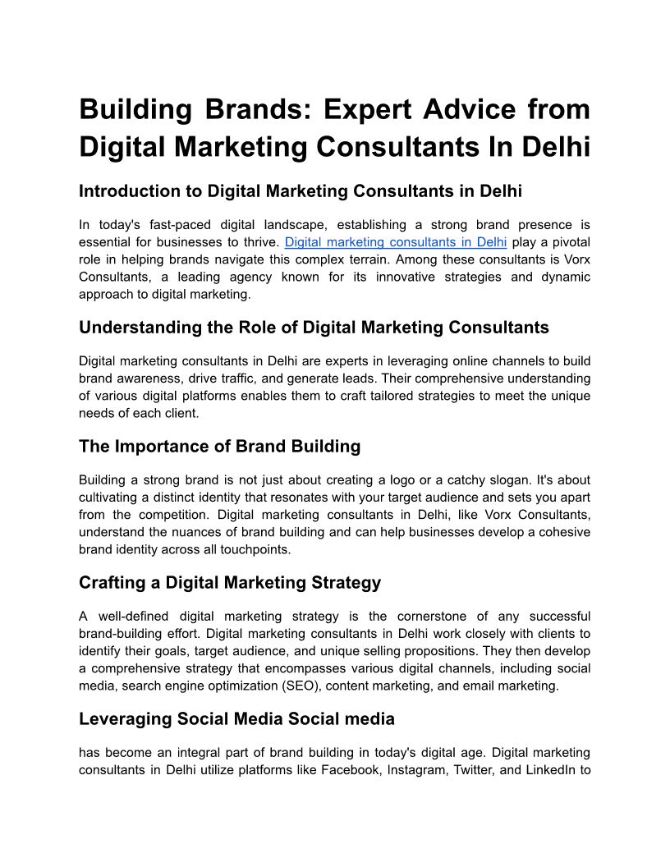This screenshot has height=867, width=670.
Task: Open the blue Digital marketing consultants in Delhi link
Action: pos(396,242)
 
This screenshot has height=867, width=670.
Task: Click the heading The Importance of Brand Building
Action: pos(219,447)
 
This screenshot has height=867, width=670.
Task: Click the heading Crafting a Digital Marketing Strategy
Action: pos(230,583)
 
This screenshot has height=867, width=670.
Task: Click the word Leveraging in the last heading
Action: pos(125,719)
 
